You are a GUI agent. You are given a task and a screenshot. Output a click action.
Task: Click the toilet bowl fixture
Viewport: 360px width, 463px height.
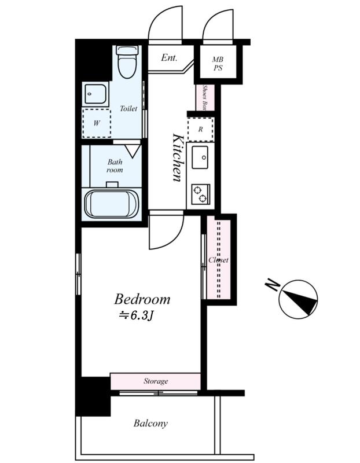click(x=127, y=62)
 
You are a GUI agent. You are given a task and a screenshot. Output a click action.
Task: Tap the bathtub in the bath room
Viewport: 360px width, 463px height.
click(x=111, y=204)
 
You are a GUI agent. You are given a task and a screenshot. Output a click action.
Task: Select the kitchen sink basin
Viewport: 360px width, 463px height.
click(x=200, y=157)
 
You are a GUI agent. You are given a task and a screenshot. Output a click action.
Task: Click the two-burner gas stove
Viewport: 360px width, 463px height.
click(x=200, y=194)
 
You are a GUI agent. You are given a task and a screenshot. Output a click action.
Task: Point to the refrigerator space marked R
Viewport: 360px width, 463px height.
click(x=200, y=129)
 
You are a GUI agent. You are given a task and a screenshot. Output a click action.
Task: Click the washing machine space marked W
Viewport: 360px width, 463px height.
click(x=97, y=123)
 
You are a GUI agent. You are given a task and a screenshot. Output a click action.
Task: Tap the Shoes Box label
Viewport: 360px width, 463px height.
click(x=204, y=97)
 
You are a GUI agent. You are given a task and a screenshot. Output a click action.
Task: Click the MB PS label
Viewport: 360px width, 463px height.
click(x=218, y=64)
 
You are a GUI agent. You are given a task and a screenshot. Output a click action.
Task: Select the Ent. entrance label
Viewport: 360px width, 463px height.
click(x=169, y=57)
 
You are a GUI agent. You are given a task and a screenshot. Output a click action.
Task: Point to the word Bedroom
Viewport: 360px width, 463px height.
click(x=142, y=299)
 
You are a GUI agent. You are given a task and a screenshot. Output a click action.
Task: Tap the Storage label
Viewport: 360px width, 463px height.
click(x=156, y=381)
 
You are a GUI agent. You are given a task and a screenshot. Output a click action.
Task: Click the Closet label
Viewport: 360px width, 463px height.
click(x=219, y=260)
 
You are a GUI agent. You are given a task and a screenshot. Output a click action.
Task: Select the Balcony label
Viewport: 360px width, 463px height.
click(x=150, y=424)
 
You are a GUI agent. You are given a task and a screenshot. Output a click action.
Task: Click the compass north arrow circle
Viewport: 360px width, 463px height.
click(x=298, y=299)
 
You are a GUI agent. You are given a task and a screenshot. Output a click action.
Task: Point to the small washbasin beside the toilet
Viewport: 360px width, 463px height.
click(x=95, y=94)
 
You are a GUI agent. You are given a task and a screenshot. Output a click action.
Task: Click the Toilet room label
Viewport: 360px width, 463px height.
click(x=128, y=108)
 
